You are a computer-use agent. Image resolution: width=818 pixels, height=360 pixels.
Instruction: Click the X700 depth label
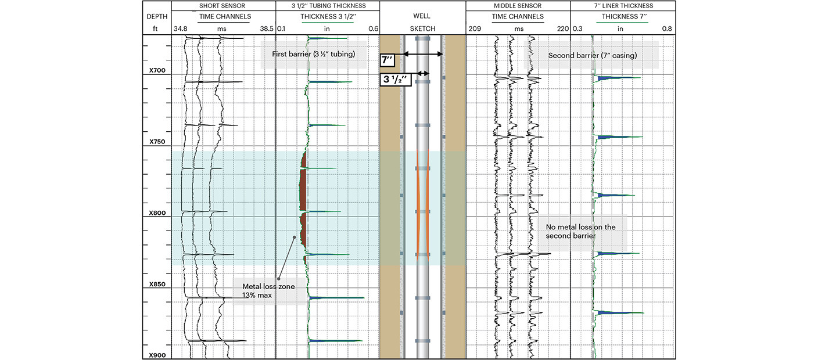157,70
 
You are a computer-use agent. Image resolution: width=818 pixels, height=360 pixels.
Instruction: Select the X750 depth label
157,142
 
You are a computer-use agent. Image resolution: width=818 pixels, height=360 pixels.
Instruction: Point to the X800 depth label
157,213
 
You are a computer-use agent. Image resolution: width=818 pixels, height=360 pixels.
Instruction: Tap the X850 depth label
157,285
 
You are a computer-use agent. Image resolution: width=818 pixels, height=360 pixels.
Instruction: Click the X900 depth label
157,355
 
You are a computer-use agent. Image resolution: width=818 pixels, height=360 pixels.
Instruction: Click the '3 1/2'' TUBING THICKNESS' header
328,6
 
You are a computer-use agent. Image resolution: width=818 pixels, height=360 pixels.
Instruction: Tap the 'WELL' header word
422,17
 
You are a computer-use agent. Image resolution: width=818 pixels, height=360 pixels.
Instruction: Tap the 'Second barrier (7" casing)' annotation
593,56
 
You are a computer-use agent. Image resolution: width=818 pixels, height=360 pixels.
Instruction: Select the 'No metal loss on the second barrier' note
580,232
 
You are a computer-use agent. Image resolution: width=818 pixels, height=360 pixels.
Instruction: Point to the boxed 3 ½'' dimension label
396,80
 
